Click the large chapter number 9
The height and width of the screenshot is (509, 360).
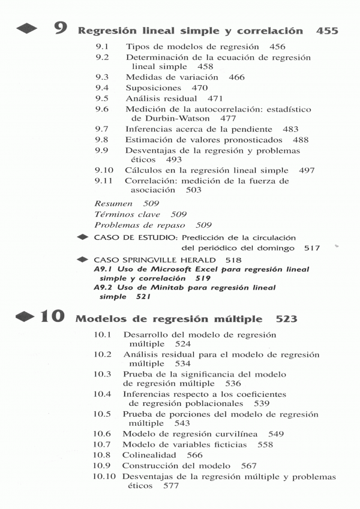coord(59,28)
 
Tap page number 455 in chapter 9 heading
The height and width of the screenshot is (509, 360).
coord(326,31)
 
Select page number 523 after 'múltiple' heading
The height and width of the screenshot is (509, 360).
coord(287,320)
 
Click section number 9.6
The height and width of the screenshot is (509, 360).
coord(102,109)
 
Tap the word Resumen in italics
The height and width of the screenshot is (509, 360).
coord(113,204)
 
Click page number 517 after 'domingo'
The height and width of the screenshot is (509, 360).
coord(310,248)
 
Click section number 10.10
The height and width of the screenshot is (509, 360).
coord(104,477)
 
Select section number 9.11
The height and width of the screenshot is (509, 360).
coord(104,180)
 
